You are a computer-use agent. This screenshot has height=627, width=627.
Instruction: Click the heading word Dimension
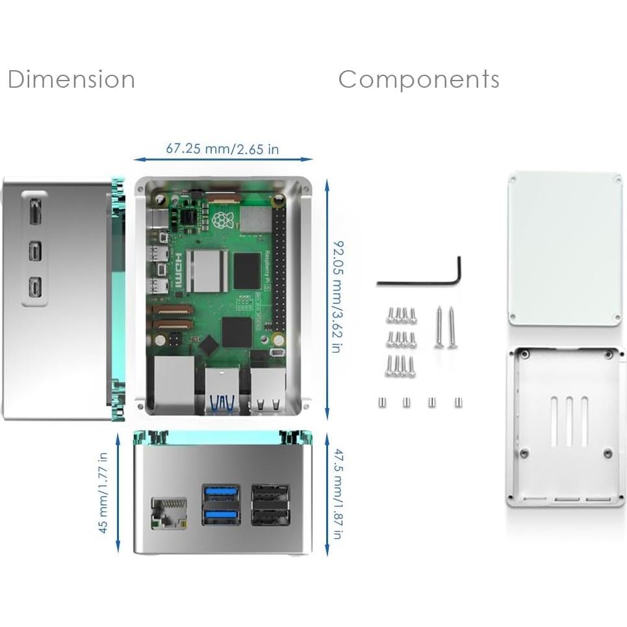coord(71,79)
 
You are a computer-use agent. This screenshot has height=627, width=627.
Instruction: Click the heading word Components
coord(418,79)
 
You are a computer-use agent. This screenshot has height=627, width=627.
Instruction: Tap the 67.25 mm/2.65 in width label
coord(222,149)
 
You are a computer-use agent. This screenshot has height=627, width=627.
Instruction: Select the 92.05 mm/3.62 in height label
coord(337,296)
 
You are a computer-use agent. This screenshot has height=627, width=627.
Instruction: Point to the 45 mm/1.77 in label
coord(103,493)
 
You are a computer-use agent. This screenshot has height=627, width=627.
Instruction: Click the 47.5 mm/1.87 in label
coord(337,494)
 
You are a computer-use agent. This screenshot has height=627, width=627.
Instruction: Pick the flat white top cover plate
coord(565,248)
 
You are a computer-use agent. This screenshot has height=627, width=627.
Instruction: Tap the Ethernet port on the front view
coord(168,513)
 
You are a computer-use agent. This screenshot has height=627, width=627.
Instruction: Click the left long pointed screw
coord(439,327)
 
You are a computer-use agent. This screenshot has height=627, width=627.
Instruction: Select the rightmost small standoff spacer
coord(458,402)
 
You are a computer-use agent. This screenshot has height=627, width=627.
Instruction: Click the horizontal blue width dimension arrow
coord(222,159)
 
